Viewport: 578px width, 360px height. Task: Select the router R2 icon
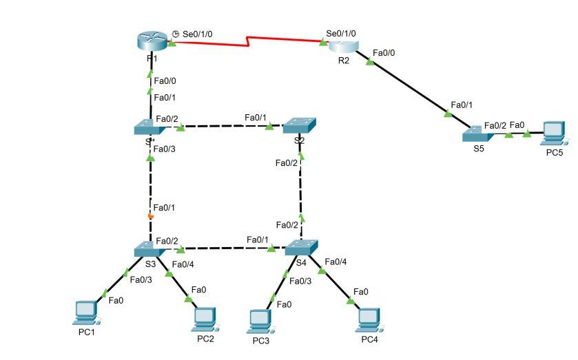[343, 46]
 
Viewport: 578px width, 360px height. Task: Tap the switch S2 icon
[299, 125]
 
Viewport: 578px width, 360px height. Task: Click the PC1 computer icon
[86, 311]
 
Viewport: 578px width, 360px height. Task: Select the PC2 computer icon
[205, 317]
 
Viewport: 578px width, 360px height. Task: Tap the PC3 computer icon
[259, 319]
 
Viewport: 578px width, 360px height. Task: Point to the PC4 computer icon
[369, 317]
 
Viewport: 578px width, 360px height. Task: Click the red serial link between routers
[248, 44]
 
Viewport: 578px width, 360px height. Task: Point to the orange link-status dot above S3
[150, 216]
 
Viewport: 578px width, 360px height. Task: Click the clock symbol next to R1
[175, 34]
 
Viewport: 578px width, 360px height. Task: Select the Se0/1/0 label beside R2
[341, 33]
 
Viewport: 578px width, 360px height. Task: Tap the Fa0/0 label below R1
[165, 81]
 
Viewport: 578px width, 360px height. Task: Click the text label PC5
[554, 153]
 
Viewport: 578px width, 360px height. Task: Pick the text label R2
[343, 61]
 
